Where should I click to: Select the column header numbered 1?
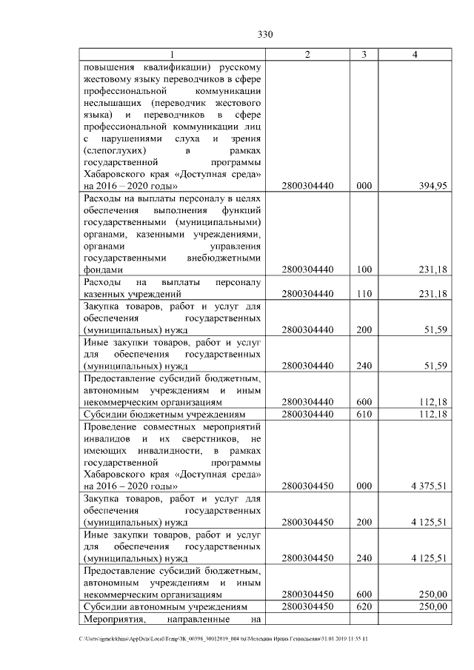(x=172, y=55)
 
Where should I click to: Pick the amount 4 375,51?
(x=428, y=486)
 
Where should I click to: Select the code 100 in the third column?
(x=364, y=270)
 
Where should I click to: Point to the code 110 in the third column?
(x=364, y=294)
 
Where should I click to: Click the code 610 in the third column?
(x=364, y=414)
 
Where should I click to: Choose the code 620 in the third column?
(x=364, y=606)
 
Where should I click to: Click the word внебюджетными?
(x=227, y=258)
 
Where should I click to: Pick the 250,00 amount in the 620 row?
(x=433, y=606)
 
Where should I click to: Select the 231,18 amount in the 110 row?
(x=432, y=294)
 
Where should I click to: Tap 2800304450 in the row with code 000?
(x=307, y=486)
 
